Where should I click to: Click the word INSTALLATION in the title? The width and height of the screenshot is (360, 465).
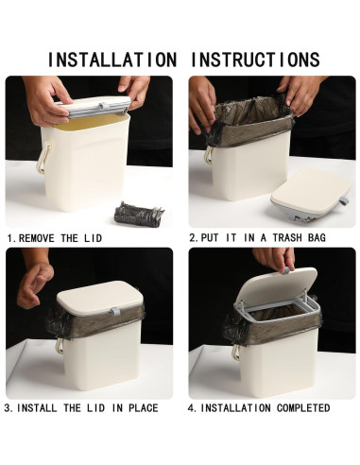click(x=112, y=60)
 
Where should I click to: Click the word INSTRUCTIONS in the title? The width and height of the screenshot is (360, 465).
click(x=255, y=60)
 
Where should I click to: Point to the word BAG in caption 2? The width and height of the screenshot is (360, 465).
click(x=317, y=237)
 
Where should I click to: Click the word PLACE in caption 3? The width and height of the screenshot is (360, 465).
click(x=144, y=408)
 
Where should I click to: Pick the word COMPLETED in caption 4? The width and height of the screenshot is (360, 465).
click(x=303, y=408)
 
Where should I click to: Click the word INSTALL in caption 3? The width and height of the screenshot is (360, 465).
click(x=37, y=408)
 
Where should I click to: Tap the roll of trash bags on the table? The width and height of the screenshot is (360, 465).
click(x=139, y=214)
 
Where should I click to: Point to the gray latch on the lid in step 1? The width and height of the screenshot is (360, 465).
click(x=101, y=106)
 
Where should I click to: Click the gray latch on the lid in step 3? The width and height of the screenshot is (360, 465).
click(x=115, y=312)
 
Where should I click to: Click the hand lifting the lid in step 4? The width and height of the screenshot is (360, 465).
click(x=275, y=259)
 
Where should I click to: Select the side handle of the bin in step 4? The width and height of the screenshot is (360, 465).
click(x=235, y=353)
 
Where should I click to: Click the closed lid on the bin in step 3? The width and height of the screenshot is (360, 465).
click(x=100, y=298)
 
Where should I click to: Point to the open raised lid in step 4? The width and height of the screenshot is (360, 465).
click(x=276, y=285)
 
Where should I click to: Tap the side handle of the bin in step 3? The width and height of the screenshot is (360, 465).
click(x=60, y=346)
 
